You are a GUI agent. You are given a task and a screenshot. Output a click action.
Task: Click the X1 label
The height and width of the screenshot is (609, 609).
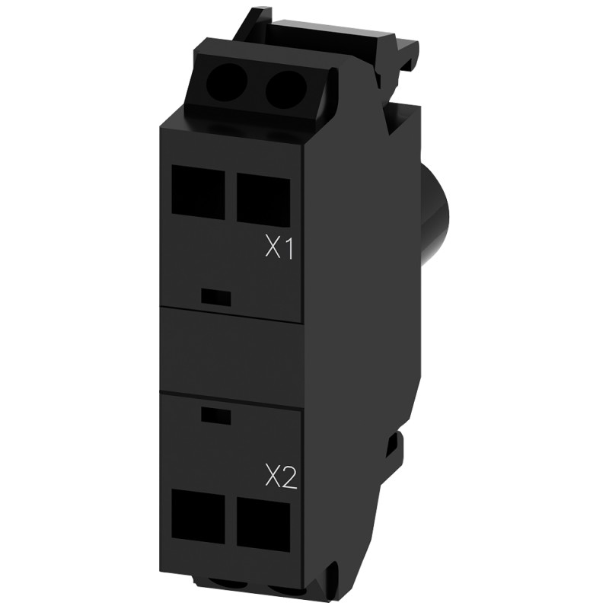(x=279, y=248)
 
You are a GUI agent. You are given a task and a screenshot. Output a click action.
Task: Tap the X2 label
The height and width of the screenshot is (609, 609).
(x=279, y=477)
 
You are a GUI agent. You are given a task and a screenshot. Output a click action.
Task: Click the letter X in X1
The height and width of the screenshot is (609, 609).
(x=272, y=248)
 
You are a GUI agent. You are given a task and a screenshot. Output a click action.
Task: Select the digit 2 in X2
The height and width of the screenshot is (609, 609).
(x=287, y=478)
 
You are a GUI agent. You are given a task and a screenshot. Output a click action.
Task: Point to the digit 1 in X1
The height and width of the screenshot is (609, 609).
(x=289, y=248)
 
